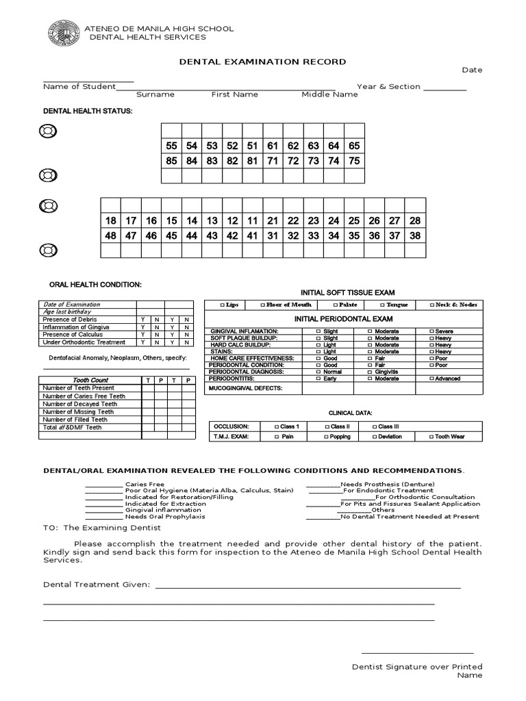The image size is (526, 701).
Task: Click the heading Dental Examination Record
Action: (262, 62)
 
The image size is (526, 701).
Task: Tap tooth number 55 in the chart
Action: (171, 146)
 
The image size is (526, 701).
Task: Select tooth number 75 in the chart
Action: (353, 161)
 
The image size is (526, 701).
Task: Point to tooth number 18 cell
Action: (110, 220)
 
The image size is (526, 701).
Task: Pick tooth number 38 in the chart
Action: (414, 235)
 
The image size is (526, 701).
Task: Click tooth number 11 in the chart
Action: (252, 220)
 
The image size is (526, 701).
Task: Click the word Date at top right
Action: (472, 70)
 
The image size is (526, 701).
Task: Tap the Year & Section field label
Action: (388, 87)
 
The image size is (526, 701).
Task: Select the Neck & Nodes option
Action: (453, 305)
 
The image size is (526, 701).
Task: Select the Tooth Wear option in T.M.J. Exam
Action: (448, 436)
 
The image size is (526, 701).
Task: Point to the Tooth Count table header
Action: (90, 380)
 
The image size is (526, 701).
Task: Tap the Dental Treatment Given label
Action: (96, 585)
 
